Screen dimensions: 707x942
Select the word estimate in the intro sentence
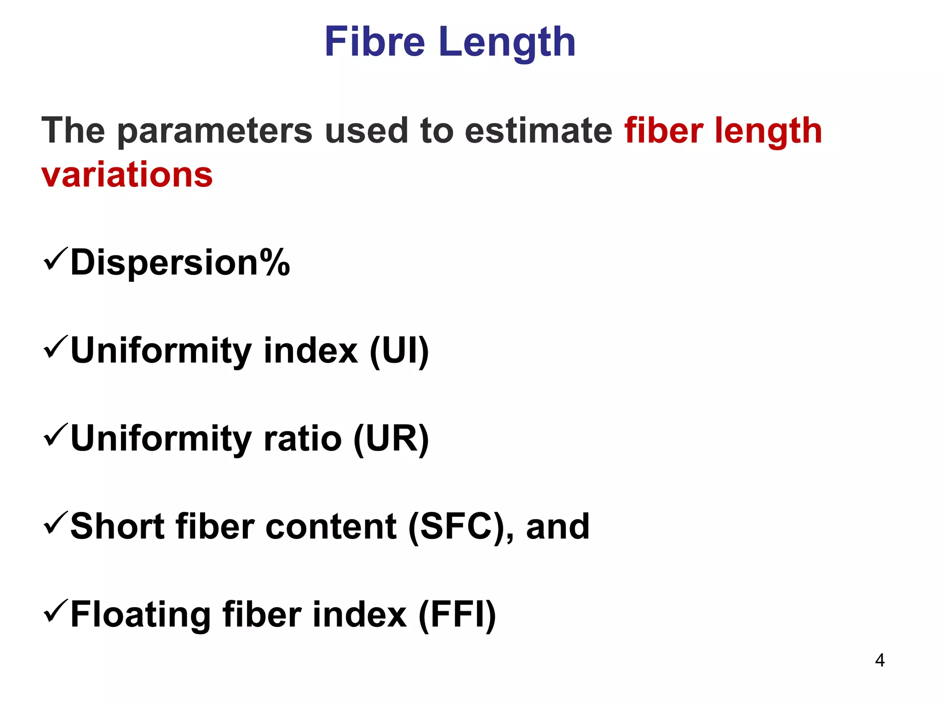point(538,130)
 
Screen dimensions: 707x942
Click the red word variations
point(127,175)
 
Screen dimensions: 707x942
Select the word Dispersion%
point(180,263)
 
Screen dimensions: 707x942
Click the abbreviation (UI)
point(399,351)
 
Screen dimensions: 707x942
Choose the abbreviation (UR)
point(391,439)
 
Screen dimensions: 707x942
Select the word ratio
point(302,439)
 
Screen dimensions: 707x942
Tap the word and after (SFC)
point(557,527)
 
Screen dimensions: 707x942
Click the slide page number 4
point(879,661)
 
